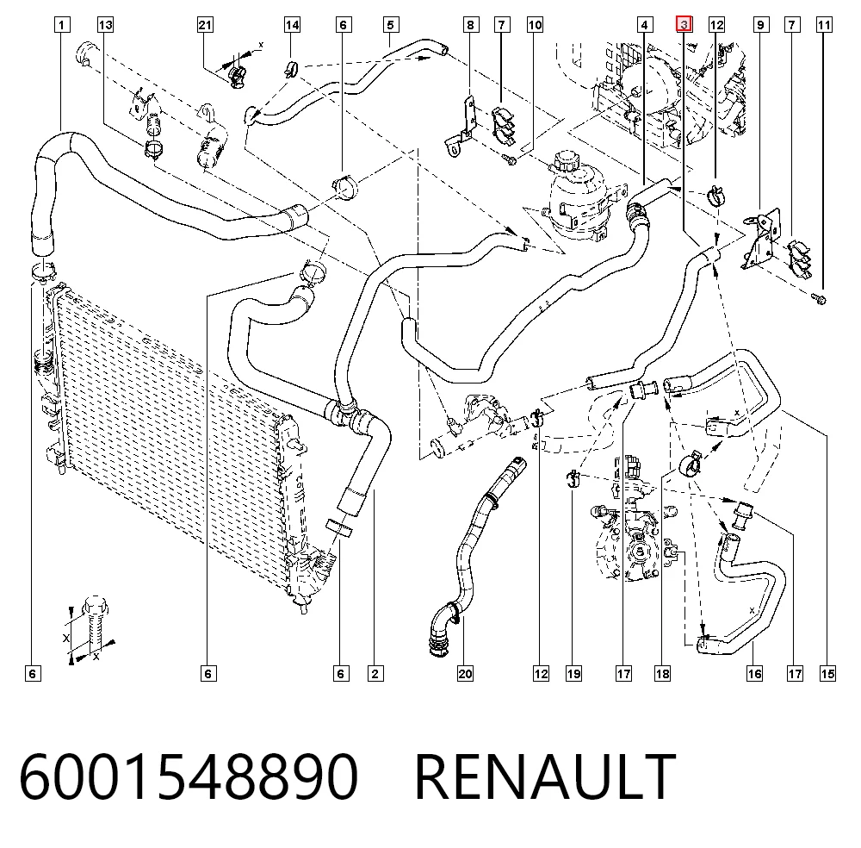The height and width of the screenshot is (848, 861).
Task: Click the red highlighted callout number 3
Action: click(684, 25)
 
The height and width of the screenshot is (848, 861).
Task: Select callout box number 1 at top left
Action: click(62, 25)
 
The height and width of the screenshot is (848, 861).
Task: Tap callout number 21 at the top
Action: click(205, 25)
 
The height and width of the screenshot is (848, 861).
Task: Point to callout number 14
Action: click(292, 25)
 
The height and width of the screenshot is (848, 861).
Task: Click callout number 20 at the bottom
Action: click(465, 674)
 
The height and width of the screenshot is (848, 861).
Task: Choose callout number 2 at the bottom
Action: click(375, 674)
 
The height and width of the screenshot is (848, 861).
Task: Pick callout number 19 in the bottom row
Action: click(573, 674)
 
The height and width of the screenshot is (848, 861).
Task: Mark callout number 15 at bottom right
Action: click(827, 674)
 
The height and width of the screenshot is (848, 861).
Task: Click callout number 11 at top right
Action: click(824, 25)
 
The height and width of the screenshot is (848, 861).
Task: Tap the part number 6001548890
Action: click(189, 776)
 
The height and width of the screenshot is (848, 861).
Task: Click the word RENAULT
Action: click(545, 776)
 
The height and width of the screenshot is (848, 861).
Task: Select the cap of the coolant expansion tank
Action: click(563, 161)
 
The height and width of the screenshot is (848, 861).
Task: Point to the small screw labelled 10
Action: click(510, 160)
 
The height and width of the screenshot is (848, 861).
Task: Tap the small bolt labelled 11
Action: click(820, 298)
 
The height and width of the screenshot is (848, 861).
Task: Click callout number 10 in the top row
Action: click(535, 25)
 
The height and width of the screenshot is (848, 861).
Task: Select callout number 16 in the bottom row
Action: click(754, 674)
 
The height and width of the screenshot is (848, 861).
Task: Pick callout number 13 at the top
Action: click(105, 25)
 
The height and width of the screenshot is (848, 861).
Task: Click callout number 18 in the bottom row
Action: click(662, 674)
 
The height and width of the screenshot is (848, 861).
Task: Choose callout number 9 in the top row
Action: click(760, 25)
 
